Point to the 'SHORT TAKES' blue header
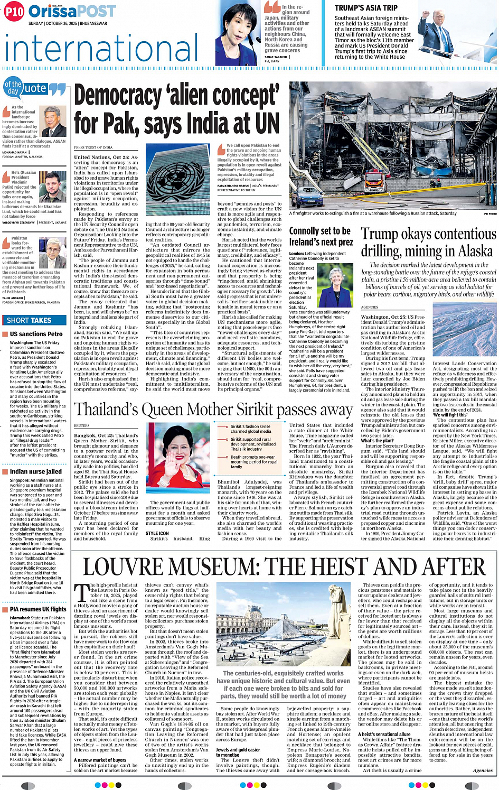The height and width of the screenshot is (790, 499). click(x=29, y=320)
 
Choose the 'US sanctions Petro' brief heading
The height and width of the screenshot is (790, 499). click(x=36, y=334)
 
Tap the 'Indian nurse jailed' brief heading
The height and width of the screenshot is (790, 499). click(x=36, y=471)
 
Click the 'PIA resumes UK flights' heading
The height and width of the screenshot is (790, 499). click(x=38, y=609)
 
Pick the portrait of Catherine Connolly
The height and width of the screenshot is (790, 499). click(x=334, y=286)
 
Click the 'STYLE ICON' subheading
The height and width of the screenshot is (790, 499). click(x=157, y=533)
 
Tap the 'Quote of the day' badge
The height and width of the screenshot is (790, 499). click(x=34, y=89)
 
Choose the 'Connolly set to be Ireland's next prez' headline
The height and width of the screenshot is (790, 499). click(x=321, y=236)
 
